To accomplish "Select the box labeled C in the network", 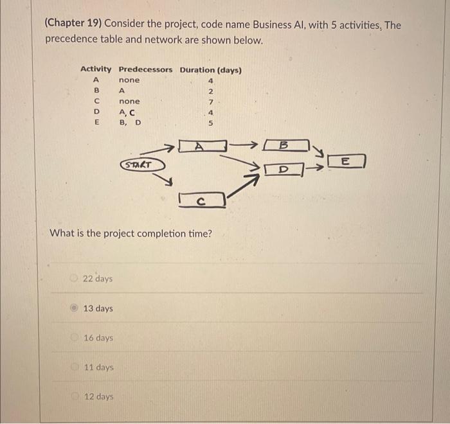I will (201, 200).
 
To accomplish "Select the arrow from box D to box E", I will (315, 170).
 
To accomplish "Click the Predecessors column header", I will (146, 69).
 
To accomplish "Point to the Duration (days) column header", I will (211, 69).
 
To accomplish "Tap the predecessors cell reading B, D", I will (130, 122).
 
